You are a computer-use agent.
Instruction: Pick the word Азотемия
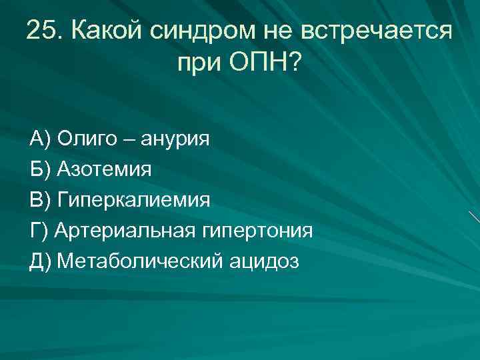(104, 169)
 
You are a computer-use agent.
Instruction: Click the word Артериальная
(124, 231)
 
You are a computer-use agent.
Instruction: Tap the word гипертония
(255, 231)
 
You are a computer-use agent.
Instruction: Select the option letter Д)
(41, 261)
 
